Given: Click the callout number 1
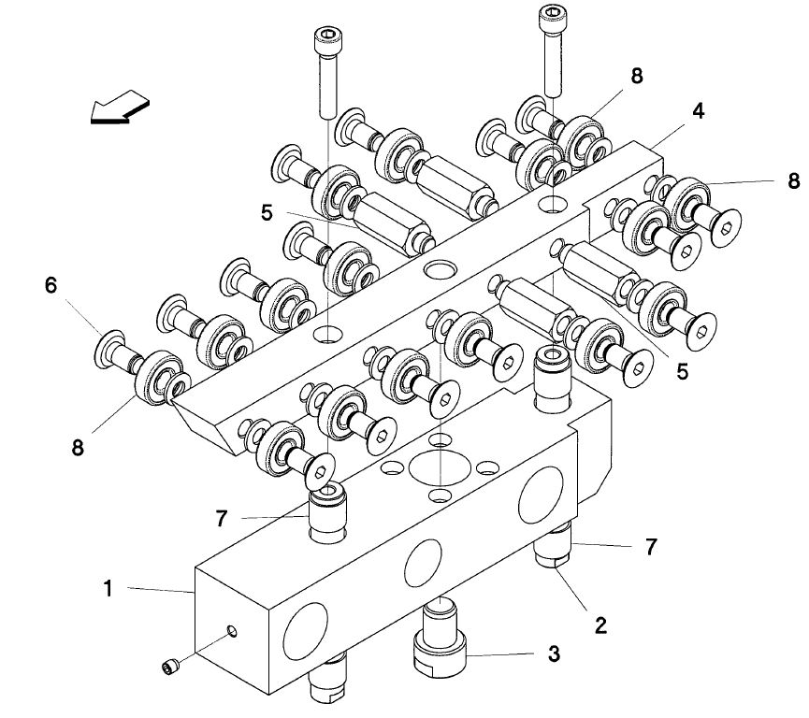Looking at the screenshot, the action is (108, 589).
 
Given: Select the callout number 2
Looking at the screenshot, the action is (600, 625).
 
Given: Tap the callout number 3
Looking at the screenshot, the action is (553, 654).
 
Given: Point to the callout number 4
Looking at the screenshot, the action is (698, 111).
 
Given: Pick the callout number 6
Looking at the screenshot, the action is (51, 285).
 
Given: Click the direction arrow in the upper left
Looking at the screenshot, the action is (120, 108).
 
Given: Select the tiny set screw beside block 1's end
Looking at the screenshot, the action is (169, 668).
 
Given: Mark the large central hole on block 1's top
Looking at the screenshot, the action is (440, 467).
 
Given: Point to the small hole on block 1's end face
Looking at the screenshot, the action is (232, 630).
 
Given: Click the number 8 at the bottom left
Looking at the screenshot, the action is (78, 447).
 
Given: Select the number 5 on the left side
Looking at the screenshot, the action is (267, 212).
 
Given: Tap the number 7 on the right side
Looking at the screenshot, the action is (651, 547).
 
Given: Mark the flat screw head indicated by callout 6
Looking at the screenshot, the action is (109, 348).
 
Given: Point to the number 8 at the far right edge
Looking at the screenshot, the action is (793, 180).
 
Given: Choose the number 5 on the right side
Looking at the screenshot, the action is (682, 371).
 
